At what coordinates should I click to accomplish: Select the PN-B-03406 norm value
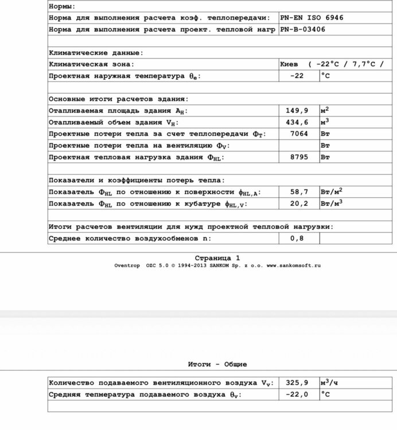click(x=302, y=29)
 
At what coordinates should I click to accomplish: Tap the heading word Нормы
click(x=61, y=6)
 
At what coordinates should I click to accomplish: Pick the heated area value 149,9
click(x=297, y=111)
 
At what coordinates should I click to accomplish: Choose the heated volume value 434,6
click(x=297, y=122)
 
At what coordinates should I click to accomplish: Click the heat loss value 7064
click(x=297, y=134)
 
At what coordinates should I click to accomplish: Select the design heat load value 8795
click(x=297, y=157)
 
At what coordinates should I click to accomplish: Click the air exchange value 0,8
click(x=297, y=238)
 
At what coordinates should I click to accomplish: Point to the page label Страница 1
click(x=217, y=258)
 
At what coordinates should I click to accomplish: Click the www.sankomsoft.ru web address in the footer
click(x=294, y=265)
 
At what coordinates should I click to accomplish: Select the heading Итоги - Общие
click(x=217, y=364)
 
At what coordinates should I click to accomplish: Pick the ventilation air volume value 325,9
click(x=297, y=382)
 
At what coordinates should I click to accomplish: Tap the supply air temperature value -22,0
click(x=297, y=394)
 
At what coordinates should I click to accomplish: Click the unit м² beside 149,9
click(x=325, y=110)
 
